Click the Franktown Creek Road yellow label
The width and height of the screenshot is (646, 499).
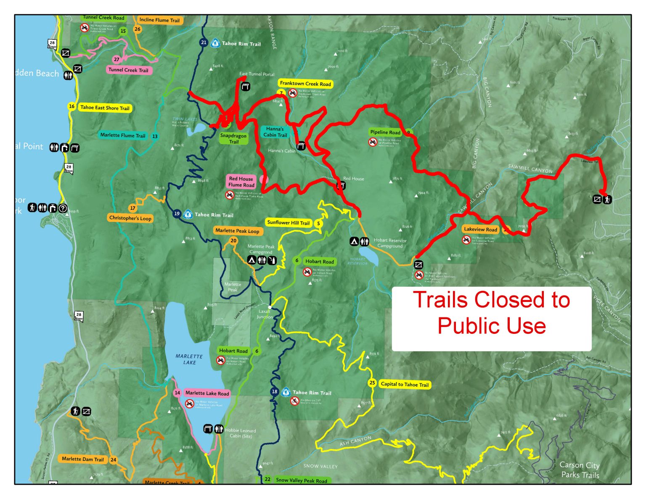pyautogui.click(x=305, y=84)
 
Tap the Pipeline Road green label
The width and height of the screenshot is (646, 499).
pyautogui.click(x=385, y=132)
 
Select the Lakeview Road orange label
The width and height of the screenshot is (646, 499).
pyautogui.click(x=480, y=229)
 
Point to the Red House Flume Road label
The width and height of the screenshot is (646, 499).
pyautogui.click(x=241, y=182)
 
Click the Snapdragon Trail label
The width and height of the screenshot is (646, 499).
pyautogui.click(x=233, y=138)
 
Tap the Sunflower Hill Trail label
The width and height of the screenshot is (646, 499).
pyautogui.click(x=289, y=222)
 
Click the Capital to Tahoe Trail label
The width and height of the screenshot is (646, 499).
pyautogui.click(x=405, y=384)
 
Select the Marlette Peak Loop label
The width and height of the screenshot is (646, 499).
pyautogui.click(x=237, y=231)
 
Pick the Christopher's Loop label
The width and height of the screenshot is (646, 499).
pyautogui.click(x=130, y=218)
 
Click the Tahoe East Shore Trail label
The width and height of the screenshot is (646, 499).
pyautogui.click(x=105, y=108)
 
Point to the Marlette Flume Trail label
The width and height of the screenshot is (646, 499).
pyautogui.click(x=122, y=135)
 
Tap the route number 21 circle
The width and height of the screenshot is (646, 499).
pyautogui.click(x=204, y=42)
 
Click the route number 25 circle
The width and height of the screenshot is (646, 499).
pyautogui.click(x=372, y=383)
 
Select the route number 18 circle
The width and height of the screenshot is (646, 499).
pyautogui.click(x=274, y=391)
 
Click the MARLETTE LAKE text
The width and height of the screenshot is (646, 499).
pyautogui.click(x=189, y=359)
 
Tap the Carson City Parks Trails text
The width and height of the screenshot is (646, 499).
pyautogui.click(x=580, y=470)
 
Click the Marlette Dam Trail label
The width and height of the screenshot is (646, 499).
pyautogui.click(x=82, y=459)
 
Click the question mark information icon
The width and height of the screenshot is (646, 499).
pyautogui.click(x=63, y=208)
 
